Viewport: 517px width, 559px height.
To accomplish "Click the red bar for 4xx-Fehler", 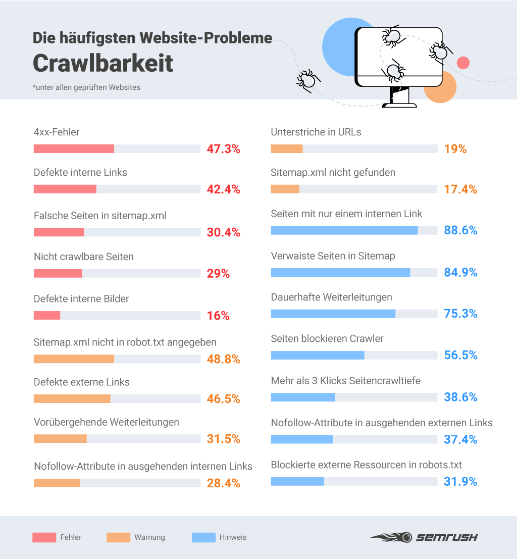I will coord(74,149).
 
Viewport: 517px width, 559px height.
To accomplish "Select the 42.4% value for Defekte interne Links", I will coord(223,189).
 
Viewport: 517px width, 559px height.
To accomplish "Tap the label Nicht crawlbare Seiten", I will coord(84,257).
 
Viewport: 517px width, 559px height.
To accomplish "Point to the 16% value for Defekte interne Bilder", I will coord(218,316).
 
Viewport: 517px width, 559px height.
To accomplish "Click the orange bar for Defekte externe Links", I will coord(72,399).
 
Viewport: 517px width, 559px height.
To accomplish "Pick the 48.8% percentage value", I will coord(223,359).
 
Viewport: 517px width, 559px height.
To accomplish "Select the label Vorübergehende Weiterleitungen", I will coord(107,422).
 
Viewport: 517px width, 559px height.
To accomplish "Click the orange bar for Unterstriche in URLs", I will coord(287,149).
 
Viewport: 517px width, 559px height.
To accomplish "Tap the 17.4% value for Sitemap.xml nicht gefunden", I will coord(460,189).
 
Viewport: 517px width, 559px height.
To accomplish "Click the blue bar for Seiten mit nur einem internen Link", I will coord(344,230).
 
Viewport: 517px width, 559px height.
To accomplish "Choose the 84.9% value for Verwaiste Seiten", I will coord(460,273).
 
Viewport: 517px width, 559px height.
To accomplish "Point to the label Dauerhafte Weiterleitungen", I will coord(331,297).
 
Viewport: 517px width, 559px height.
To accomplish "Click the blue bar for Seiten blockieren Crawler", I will coord(318,355).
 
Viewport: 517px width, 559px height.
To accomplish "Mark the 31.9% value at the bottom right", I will coord(460,482).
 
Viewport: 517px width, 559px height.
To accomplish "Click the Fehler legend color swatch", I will coord(44,538).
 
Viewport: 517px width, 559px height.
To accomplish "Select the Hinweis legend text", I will coord(233,537).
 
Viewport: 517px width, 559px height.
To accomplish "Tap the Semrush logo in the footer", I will coord(424,537).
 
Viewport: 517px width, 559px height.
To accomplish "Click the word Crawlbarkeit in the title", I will coord(103,63).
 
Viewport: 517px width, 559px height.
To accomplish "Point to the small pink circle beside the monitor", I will coord(463,63).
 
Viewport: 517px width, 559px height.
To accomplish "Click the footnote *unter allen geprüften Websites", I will coord(86,87).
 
